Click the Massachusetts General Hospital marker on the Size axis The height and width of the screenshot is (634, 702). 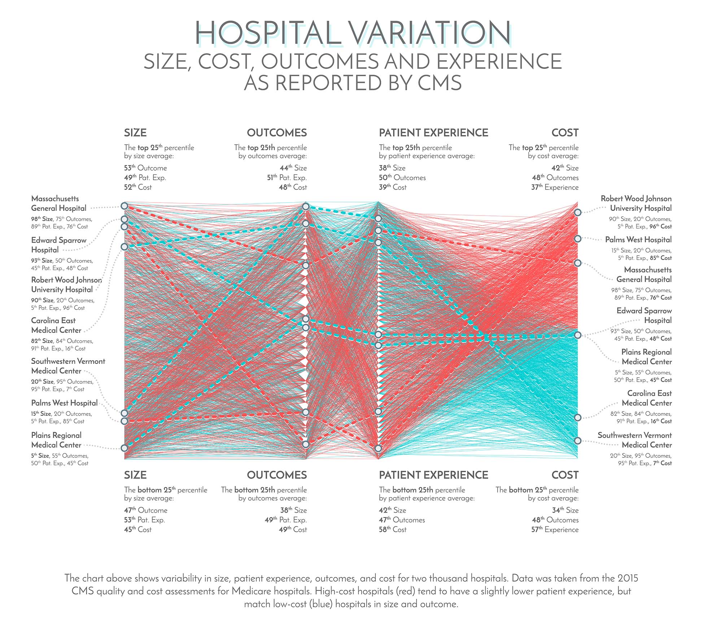124,206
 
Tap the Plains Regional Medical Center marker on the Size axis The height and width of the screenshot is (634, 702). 124,448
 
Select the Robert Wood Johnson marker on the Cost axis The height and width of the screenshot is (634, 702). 577,212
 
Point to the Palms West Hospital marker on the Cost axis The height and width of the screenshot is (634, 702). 577,239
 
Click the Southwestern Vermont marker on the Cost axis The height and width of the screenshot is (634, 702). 577,440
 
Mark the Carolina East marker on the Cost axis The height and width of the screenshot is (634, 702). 577,417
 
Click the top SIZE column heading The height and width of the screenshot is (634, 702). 135,133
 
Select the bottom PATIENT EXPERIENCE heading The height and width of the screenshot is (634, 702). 433,475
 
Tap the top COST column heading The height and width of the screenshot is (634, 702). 564,133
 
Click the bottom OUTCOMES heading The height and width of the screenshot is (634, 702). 276,475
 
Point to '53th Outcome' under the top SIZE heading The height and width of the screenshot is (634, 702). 145,168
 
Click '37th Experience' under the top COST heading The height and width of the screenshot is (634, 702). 554,187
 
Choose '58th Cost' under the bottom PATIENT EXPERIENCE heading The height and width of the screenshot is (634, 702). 392,530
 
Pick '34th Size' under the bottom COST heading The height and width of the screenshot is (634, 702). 565,510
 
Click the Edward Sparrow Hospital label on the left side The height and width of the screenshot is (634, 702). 58,245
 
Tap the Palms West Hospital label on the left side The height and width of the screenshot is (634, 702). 64,403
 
